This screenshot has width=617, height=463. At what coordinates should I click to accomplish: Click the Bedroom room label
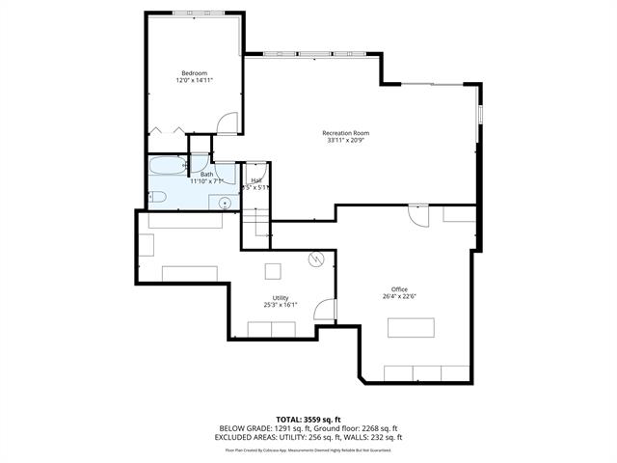tap(194, 73)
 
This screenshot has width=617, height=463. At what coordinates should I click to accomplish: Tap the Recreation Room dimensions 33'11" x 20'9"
tap(345, 141)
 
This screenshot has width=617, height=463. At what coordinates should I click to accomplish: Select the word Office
tap(399, 289)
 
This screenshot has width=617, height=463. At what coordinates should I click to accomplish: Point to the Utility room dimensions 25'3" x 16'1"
tap(281, 305)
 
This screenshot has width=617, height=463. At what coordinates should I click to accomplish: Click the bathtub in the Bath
tap(167, 167)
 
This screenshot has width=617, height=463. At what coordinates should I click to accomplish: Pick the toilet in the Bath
tap(160, 198)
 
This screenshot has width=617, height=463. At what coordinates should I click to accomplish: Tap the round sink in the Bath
tap(224, 202)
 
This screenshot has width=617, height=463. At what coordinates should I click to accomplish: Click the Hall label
tap(256, 179)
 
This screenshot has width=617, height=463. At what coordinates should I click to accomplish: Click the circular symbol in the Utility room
tap(314, 259)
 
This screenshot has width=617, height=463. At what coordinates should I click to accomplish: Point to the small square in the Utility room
tap(274, 270)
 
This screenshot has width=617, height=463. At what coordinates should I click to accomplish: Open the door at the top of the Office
tap(418, 214)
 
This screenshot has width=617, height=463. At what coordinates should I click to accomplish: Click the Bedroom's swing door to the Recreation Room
tap(226, 123)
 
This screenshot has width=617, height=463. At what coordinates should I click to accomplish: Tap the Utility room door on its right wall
tap(327, 310)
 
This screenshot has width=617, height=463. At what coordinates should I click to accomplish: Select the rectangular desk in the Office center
tap(411, 328)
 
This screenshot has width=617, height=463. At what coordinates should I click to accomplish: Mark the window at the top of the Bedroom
tap(193, 13)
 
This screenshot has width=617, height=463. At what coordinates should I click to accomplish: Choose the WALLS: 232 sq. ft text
tap(375, 437)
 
